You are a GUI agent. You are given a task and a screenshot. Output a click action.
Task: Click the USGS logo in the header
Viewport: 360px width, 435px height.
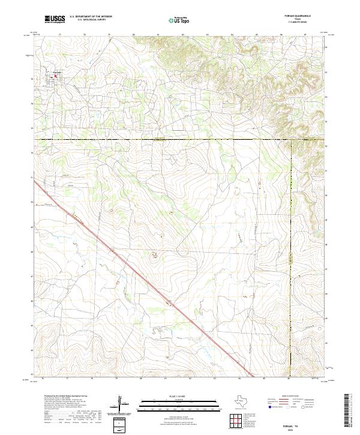click(54, 19)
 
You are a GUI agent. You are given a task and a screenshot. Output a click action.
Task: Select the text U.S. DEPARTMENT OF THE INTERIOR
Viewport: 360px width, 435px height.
click(91, 17)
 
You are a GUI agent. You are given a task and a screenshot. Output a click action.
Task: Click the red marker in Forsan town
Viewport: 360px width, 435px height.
click(56, 76)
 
